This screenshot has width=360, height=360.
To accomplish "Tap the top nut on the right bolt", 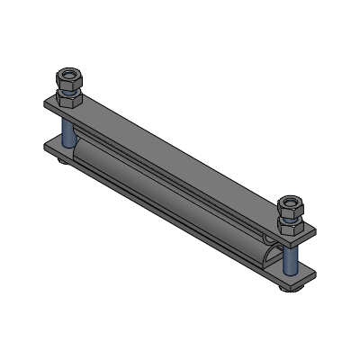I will coord(292,205).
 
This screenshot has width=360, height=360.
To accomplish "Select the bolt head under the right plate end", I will coord(290,287).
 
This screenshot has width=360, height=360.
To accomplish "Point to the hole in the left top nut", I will coord(69,70).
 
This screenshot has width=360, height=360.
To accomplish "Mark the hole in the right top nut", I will coord(292,200).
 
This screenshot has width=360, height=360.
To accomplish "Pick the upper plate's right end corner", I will coord(311,236).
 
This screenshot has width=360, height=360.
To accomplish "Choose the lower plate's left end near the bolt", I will coord(49,144).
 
